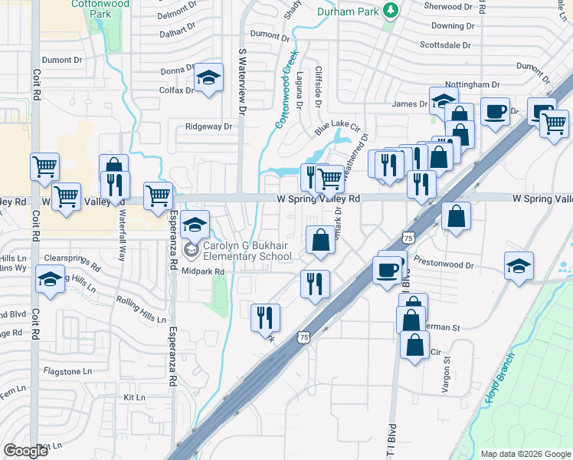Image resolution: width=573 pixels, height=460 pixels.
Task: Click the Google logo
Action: pos(25,451)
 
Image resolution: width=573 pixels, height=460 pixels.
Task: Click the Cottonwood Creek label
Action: pos(284,97)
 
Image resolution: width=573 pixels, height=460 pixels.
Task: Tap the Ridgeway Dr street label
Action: pos(208,127)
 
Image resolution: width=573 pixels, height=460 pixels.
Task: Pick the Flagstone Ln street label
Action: pos(67,370)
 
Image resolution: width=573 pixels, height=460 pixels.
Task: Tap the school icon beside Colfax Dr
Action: pos(208,80)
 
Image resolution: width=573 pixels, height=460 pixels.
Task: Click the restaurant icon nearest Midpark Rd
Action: pos(315,284)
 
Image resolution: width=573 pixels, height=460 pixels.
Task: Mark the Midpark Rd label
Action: pos(203,271)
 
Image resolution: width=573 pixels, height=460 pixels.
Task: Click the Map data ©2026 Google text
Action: pos(525,453)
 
